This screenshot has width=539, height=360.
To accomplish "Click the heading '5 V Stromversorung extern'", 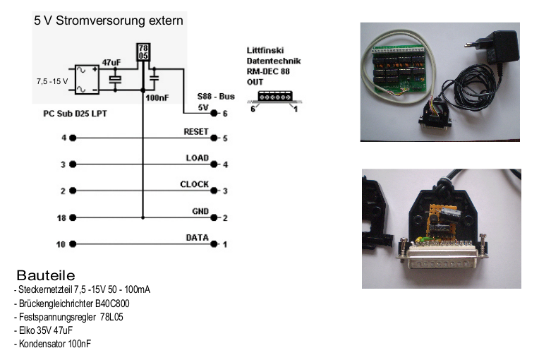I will [x=109, y=20].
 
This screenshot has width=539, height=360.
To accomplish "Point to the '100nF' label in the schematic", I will [x=156, y=100].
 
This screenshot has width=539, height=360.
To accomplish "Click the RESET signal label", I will [x=195, y=132].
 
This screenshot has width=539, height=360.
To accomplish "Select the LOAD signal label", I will [x=197, y=158].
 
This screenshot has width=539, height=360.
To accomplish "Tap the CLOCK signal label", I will [x=194, y=184].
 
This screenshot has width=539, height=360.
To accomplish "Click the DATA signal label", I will [x=196, y=238].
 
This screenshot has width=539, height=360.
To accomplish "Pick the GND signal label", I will [x=200, y=211].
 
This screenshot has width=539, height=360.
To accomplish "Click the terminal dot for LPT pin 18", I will [x=73, y=217].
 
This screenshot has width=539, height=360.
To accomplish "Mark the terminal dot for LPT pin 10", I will [x=73, y=244].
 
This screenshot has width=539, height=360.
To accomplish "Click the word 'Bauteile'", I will [x=45, y=275].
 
